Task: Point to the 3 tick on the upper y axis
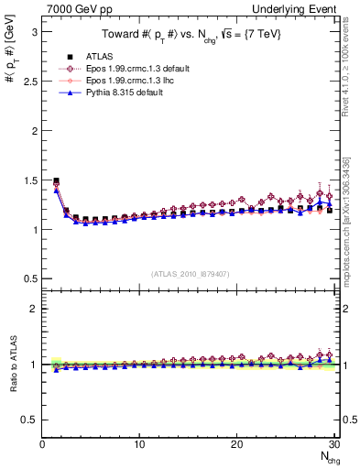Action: click(34, 31)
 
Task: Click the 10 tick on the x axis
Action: click(139, 444)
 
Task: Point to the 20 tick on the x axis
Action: click(236, 444)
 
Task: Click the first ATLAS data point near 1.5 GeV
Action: click(57, 180)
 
